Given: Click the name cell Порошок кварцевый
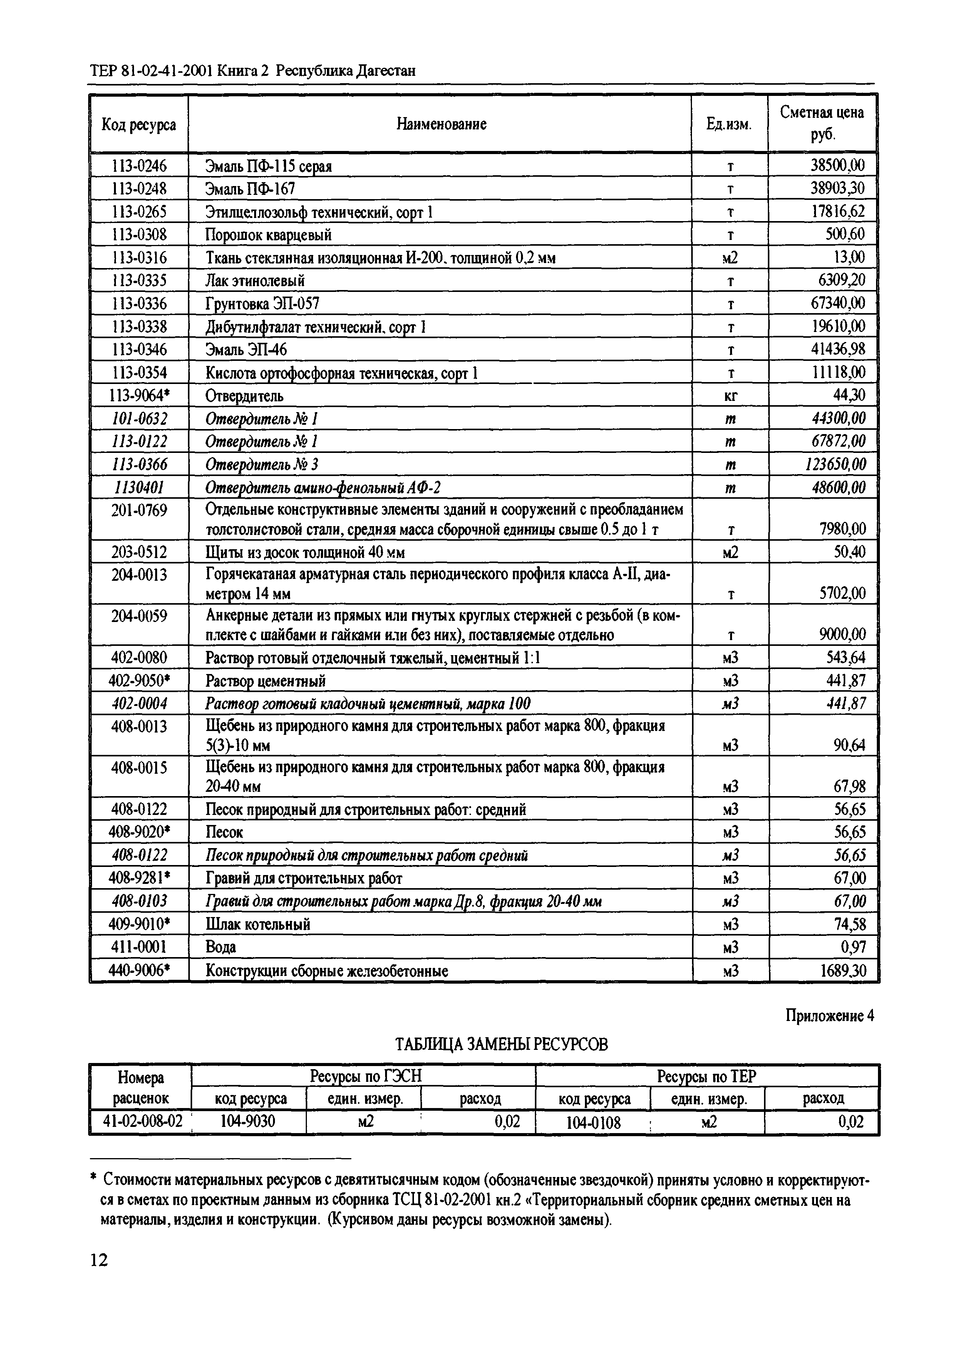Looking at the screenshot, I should pyautogui.click(x=268, y=235).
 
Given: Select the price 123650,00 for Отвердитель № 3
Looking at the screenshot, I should pyautogui.click(x=831, y=464).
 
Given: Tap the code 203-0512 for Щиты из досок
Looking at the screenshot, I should pyautogui.click(x=139, y=553).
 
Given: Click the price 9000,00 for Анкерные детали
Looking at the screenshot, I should pyautogui.click(x=842, y=635).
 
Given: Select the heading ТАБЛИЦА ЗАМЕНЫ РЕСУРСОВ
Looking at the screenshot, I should pyautogui.click(x=501, y=1044).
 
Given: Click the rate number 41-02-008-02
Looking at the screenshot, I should pyautogui.click(x=142, y=1122).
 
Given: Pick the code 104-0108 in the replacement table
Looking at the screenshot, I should pyautogui.click(x=593, y=1122).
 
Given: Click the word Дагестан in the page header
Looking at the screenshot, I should pyautogui.click(x=385, y=71).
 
